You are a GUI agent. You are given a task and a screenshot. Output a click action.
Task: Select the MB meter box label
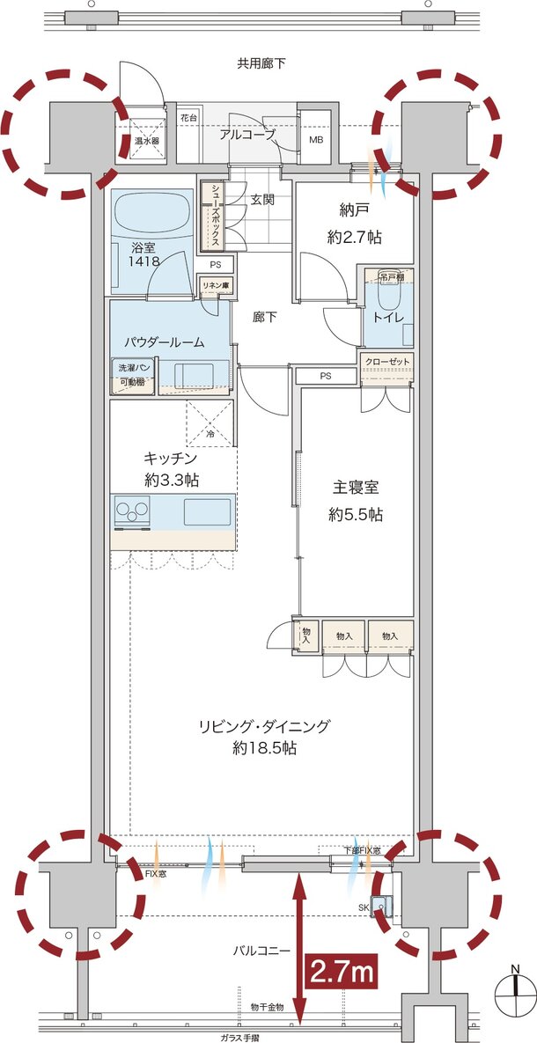coord(314,140)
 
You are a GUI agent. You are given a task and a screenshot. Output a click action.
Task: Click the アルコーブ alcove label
coord(247,134)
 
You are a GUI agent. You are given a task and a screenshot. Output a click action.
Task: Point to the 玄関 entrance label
coord(263,200)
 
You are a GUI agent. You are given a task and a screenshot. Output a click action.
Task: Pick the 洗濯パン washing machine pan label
coord(129,369)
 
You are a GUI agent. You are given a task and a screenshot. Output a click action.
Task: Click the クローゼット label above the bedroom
coord(386,362)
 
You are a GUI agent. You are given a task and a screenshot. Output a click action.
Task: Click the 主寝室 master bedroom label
coord(355,487)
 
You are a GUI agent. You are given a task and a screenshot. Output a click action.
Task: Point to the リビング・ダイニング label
coord(263,726)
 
